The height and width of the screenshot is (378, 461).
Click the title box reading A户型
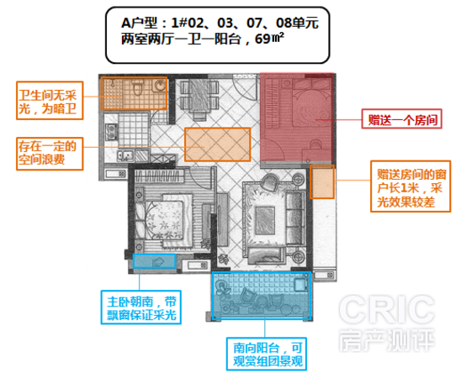click(217, 35)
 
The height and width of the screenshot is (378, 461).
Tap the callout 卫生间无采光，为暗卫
click(50, 101)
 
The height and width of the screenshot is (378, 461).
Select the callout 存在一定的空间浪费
click(50, 154)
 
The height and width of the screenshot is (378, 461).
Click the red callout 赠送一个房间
click(401, 118)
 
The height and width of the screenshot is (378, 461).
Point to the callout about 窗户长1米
click(411, 186)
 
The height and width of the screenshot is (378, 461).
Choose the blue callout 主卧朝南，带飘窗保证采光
click(140, 307)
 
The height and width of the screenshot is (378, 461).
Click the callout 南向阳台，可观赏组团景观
click(267, 354)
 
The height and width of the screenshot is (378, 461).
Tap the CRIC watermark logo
click(387, 323)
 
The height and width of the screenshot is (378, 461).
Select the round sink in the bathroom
click(159, 86)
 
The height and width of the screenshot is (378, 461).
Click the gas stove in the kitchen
click(111, 132)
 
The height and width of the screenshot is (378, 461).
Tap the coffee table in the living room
click(265, 220)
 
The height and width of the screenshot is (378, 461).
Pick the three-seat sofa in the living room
click(295, 218)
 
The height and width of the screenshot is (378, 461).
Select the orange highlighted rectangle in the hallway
click(218, 144)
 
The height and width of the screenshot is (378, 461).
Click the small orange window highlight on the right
click(322, 181)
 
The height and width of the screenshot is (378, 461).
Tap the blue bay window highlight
click(154, 261)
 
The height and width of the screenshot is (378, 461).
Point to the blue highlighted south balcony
click(262, 296)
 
